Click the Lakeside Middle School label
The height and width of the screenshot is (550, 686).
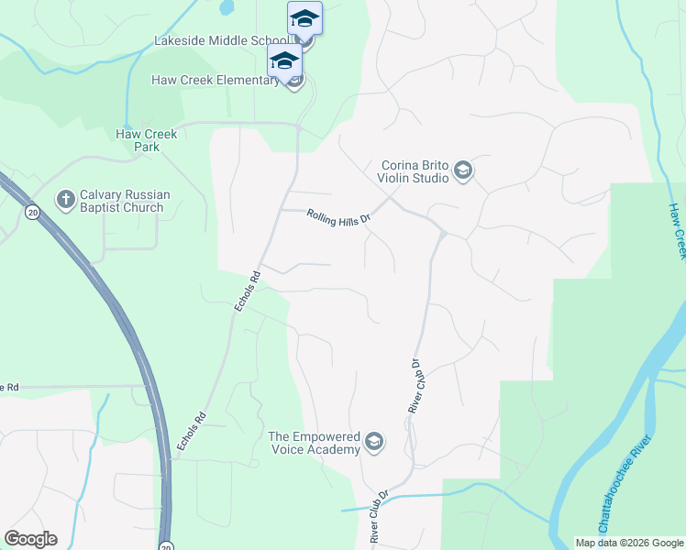pos(221,40)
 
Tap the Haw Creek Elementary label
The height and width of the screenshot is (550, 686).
pos(216,80)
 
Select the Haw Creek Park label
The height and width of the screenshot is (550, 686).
pos(147,140)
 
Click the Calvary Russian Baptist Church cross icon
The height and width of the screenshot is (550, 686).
pos(65,198)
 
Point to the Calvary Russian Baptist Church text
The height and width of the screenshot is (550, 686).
pos(121,201)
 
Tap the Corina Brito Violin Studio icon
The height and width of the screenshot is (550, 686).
pos(463,170)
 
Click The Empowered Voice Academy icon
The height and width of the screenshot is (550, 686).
pos(373,442)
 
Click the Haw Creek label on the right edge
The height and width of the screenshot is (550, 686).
pos(678,230)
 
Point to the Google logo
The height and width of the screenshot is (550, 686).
pos(30,539)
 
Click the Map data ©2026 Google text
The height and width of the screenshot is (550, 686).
pos(629,543)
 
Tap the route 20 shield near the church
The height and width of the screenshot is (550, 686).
pos(33,213)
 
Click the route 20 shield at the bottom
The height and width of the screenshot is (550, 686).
pos(166,544)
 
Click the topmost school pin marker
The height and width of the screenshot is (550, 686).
pos(304,19)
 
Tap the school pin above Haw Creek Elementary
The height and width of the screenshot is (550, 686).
pos(284,61)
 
